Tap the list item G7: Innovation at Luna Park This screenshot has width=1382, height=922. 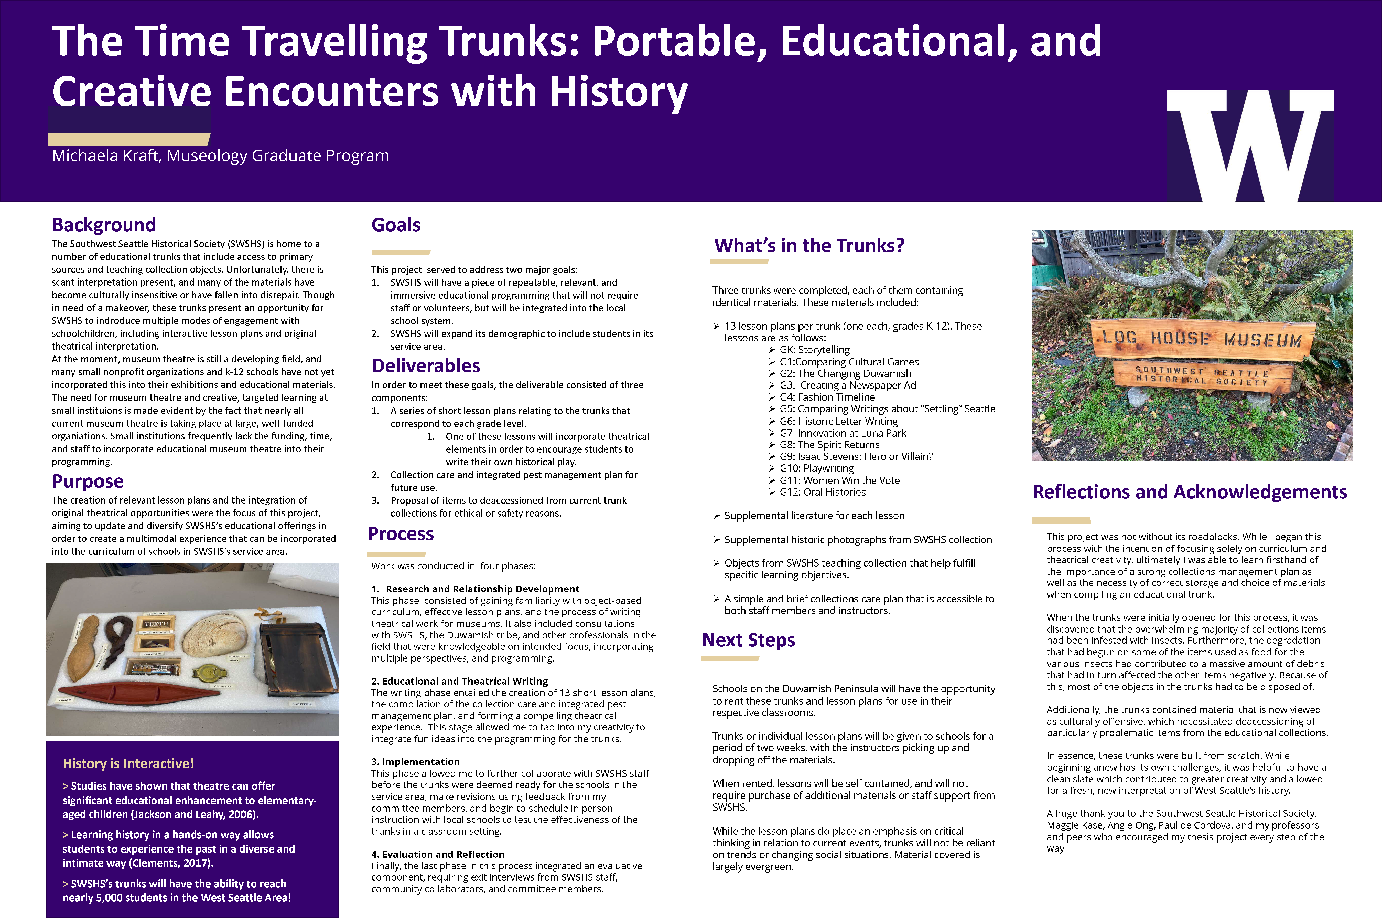point(843,433)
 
